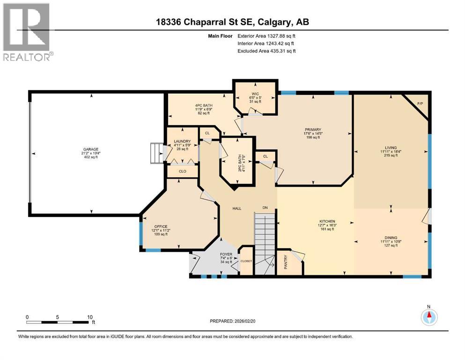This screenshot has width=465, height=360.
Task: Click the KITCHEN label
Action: [x=327, y=221]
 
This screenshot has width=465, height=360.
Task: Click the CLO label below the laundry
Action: [x=182, y=172]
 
